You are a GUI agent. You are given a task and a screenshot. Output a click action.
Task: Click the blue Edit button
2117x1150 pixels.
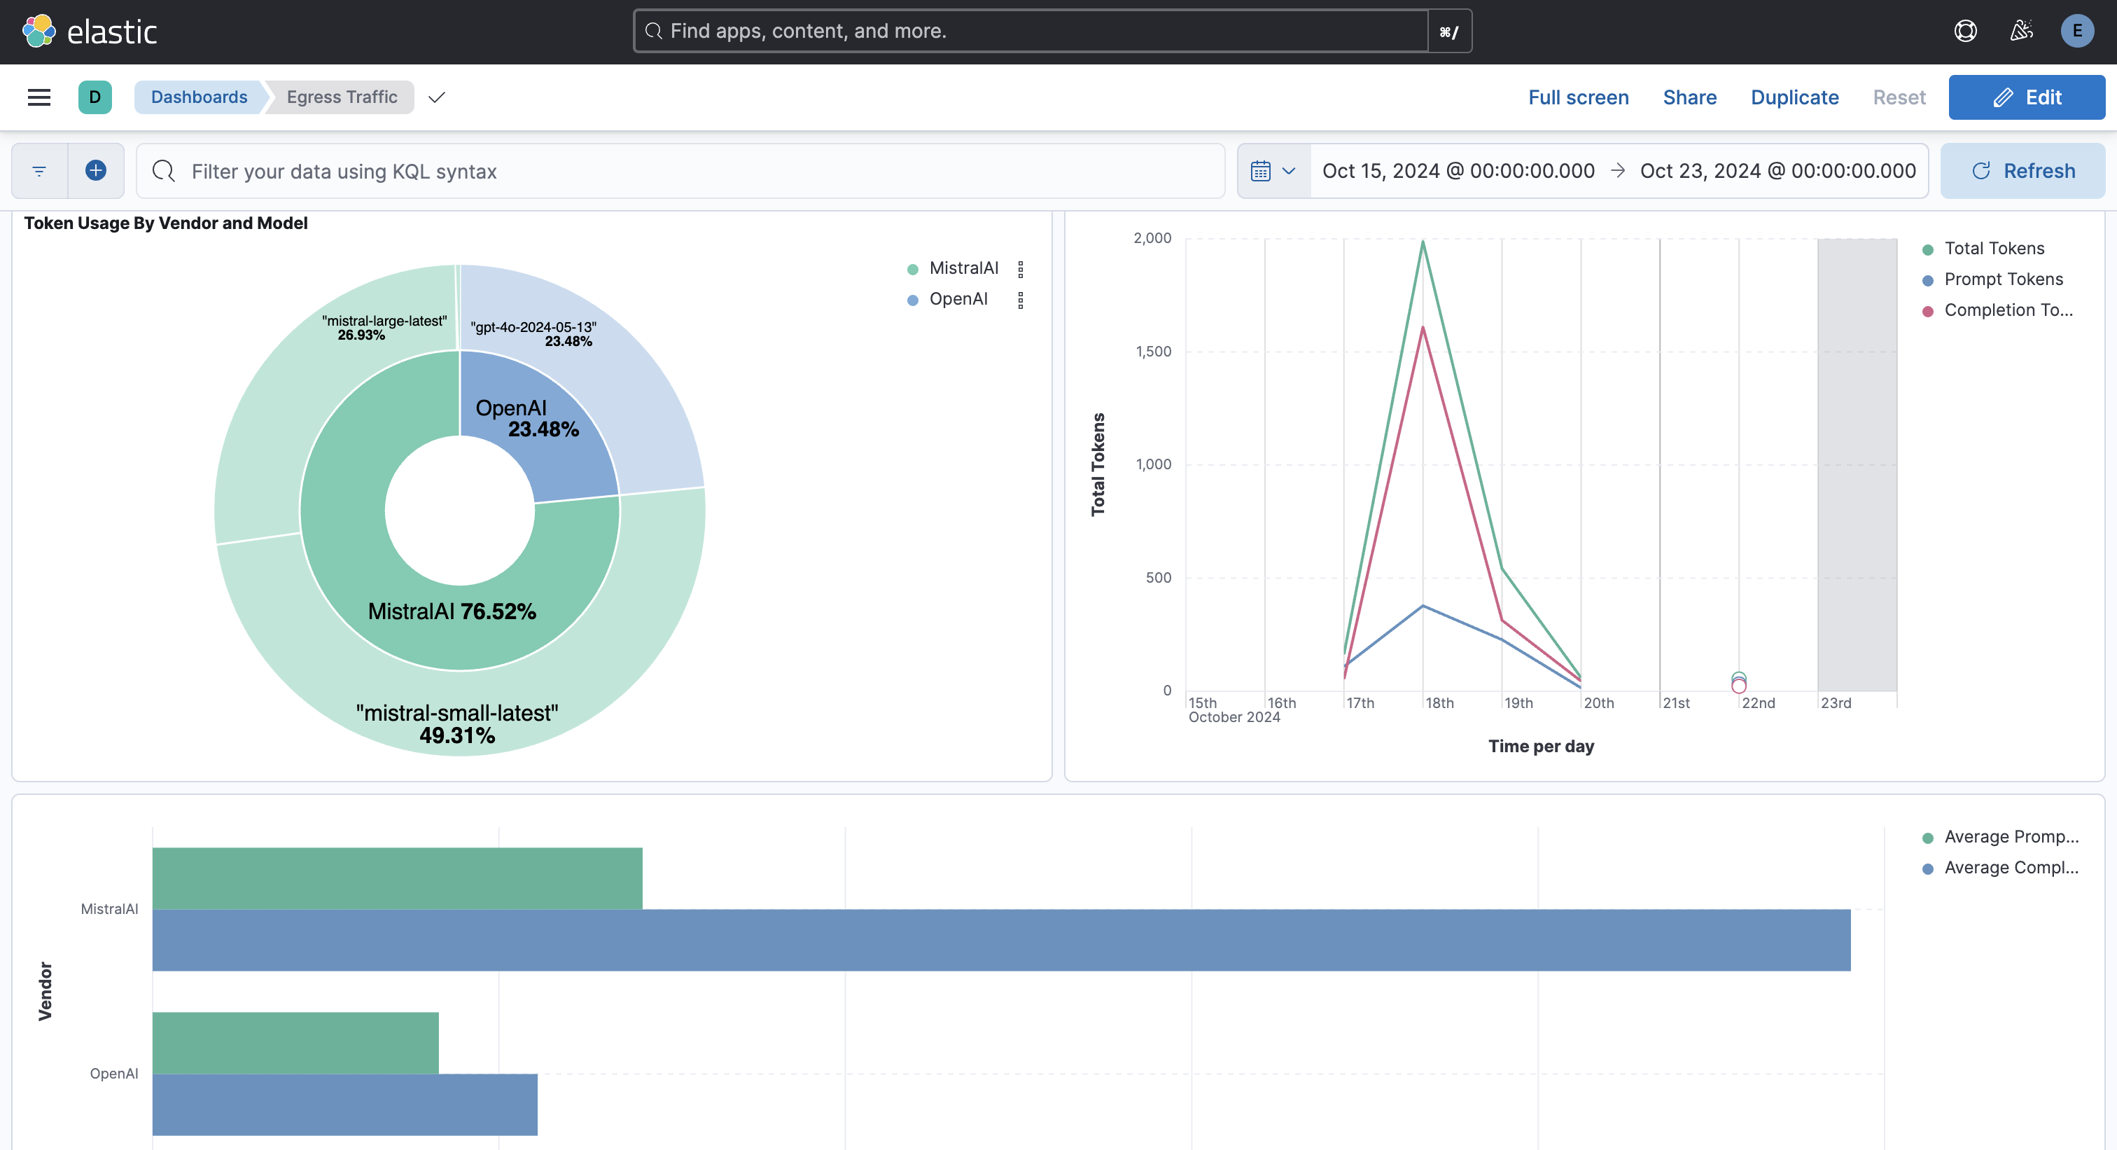pos(2026,97)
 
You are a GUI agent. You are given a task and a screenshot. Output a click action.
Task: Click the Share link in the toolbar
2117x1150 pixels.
pos(1690,97)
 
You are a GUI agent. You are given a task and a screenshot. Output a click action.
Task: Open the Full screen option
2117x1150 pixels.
pos(1578,97)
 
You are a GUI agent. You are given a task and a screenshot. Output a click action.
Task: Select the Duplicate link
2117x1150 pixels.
pos(1794,97)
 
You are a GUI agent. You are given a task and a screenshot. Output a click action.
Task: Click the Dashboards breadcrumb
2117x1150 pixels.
pos(199,97)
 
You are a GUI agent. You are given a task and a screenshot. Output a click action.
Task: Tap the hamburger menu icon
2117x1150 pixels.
pos(39,97)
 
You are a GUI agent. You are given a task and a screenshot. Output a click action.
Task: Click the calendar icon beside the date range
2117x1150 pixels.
pos(1261,171)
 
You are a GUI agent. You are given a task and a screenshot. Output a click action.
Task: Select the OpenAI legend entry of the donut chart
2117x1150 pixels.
pos(958,299)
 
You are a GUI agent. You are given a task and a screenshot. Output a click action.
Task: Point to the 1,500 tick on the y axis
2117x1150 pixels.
pos(1153,351)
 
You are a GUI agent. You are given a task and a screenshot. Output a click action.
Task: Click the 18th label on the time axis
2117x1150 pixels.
pos(1439,703)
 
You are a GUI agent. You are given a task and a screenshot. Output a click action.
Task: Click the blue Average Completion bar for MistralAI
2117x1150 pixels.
pos(1001,940)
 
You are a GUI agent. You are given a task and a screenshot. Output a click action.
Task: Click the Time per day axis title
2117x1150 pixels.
pos(1541,746)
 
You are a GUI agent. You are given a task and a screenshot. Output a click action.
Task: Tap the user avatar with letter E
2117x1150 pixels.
pos(2076,32)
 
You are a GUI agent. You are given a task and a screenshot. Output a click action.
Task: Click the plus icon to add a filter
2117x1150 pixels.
pos(96,170)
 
